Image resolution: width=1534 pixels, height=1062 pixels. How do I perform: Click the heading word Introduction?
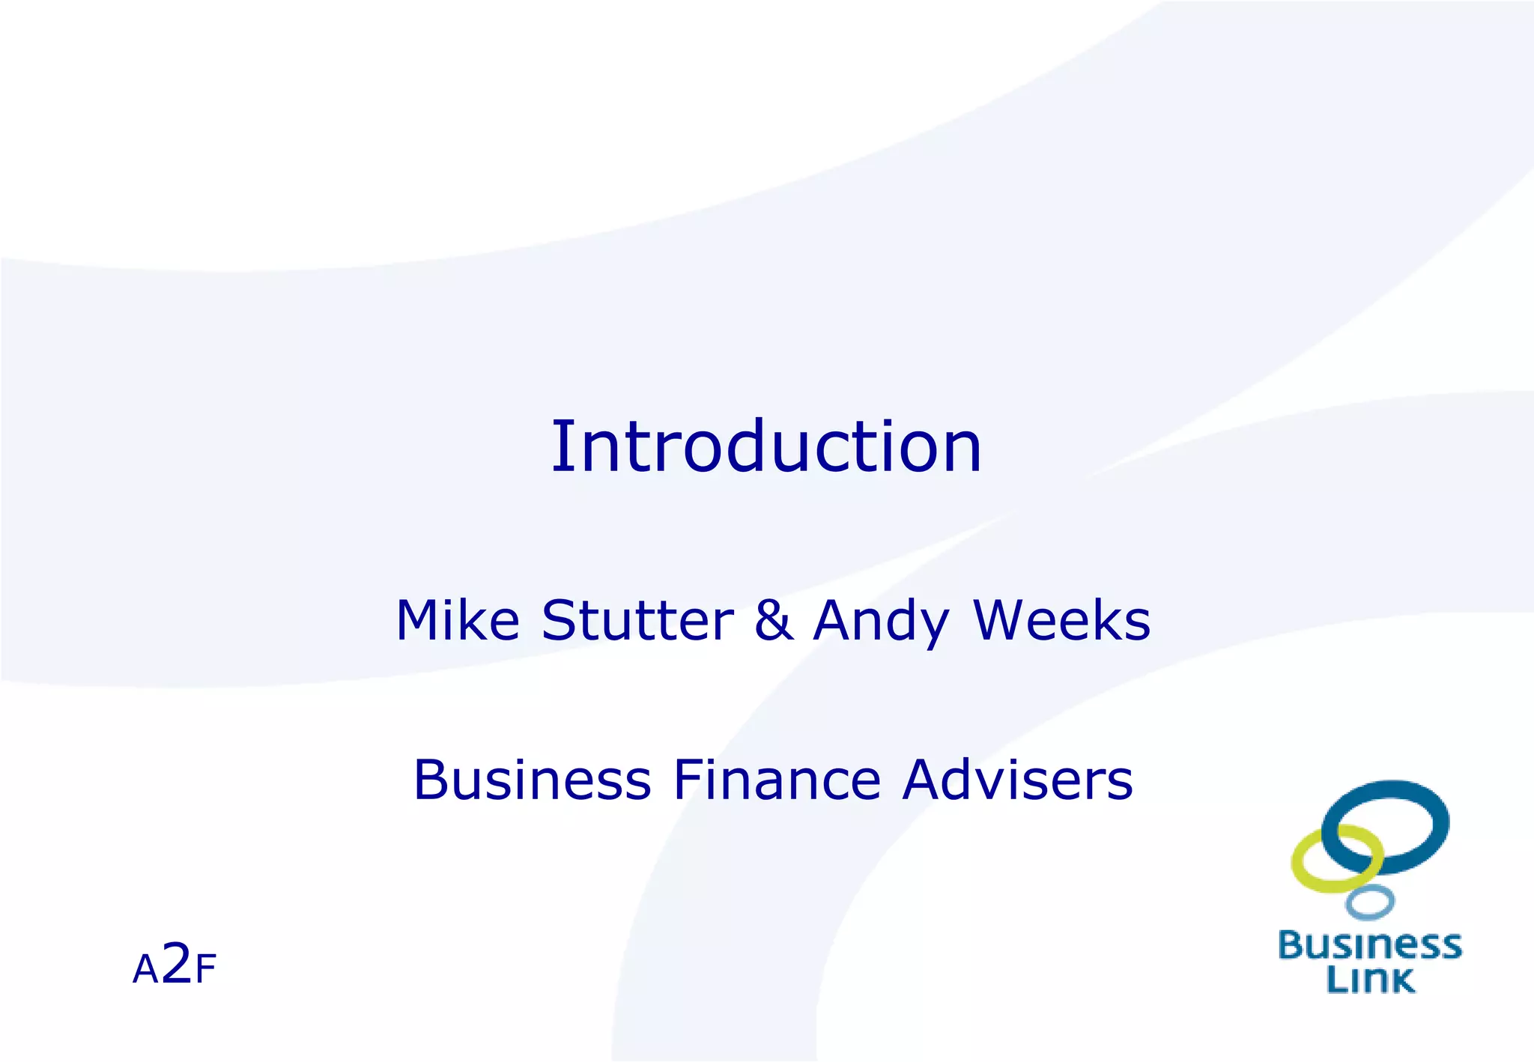(766, 447)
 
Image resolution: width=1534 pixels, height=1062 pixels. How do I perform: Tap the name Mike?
(457, 621)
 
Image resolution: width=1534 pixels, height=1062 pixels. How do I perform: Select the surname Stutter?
(637, 621)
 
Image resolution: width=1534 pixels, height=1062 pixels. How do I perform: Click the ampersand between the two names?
(773, 621)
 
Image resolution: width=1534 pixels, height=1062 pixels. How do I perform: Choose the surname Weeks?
(1061, 621)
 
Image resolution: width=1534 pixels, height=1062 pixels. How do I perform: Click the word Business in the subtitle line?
(532, 780)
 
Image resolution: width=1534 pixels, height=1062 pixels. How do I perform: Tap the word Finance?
(777, 780)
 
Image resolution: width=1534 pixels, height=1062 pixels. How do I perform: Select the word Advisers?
(1017, 780)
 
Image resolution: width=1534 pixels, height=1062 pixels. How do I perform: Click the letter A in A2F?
(145, 970)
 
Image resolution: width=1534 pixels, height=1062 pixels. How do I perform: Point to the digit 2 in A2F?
(176, 964)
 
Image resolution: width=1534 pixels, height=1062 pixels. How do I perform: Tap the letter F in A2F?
(205, 970)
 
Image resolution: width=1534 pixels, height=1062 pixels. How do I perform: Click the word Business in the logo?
(1370, 946)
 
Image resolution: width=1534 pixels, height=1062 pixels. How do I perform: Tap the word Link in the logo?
(1370, 980)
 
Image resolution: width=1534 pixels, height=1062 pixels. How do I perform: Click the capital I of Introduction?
(559, 447)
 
